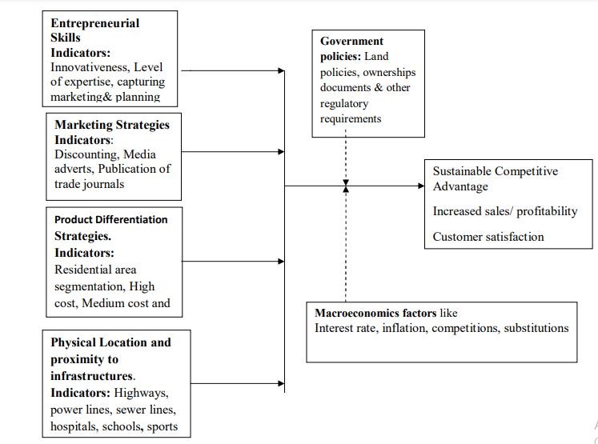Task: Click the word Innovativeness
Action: tap(90, 67)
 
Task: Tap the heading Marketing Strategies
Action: tap(112, 125)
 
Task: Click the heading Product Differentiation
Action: tap(111, 219)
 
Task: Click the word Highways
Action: tap(141, 393)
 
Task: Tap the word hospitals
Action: tap(74, 426)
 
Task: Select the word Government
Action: tap(351, 41)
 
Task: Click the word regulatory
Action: tap(344, 104)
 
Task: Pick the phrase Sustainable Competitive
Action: tap(495, 171)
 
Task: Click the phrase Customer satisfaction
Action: tap(488, 237)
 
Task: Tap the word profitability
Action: tap(547, 211)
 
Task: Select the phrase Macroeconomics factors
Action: tap(375, 313)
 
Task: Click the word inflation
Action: tap(405, 328)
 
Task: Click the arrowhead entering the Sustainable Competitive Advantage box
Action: tap(421, 186)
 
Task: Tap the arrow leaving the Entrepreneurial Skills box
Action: tap(233, 70)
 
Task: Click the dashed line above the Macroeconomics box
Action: tap(346, 244)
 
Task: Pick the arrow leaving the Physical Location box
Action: tap(237, 383)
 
